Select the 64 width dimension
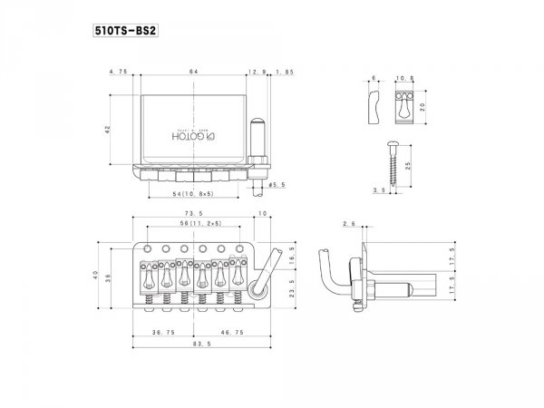193,71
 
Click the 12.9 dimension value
256,71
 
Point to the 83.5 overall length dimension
194,345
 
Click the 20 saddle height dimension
434,105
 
